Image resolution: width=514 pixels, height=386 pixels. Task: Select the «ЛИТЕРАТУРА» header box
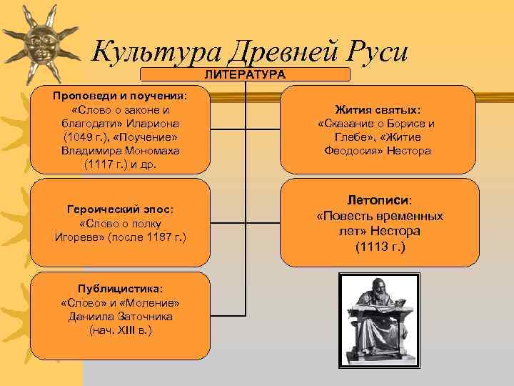coord(245,74)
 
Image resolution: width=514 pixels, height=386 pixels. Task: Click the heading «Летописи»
coord(379,201)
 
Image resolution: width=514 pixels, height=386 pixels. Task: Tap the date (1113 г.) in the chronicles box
coord(379,247)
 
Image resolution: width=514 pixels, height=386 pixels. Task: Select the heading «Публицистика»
coord(121,289)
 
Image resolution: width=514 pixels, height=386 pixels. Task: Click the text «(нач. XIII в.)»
coord(121,330)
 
